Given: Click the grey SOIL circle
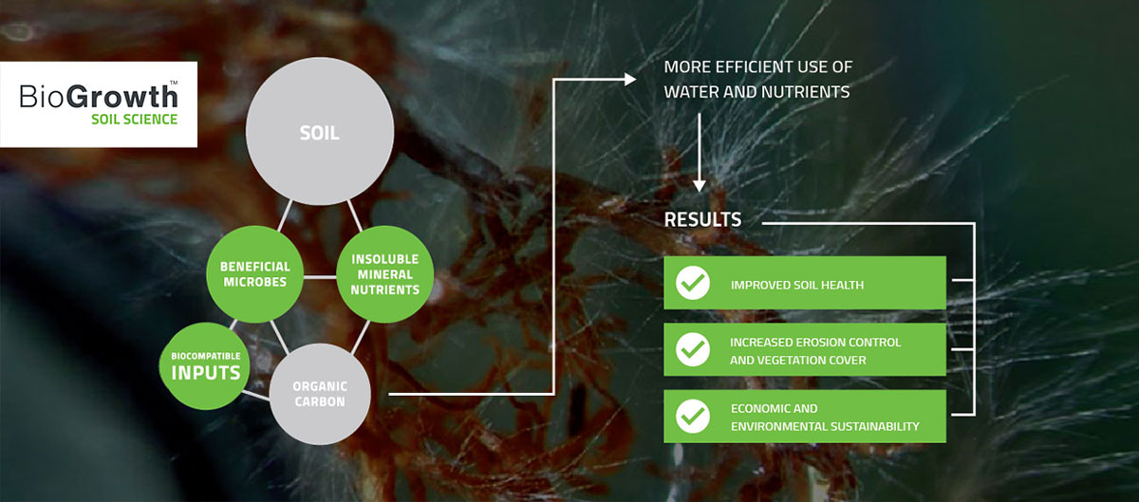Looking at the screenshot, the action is (x=320, y=131).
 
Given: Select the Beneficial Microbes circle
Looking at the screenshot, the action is (x=254, y=274).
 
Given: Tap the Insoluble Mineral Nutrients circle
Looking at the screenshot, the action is (x=385, y=274).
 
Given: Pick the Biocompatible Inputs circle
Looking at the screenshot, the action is (x=205, y=365).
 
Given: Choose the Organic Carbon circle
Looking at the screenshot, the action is (x=320, y=394).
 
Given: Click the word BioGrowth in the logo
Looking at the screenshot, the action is (x=99, y=96).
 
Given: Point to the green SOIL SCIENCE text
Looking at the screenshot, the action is (x=134, y=120).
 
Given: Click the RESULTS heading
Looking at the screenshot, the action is (x=702, y=220).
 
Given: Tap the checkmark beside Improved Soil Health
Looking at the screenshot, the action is (x=693, y=283).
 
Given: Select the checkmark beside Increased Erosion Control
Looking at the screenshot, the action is (x=693, y=349).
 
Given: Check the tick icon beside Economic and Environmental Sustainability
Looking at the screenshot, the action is (x=693, y=416).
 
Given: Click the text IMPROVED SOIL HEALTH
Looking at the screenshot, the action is (x=797, y=285).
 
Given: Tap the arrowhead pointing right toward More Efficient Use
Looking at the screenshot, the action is (x=630, y=80).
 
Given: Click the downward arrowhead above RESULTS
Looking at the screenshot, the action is (x=700, y=186).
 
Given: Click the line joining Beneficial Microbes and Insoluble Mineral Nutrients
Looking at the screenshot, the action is (x=320, y=277).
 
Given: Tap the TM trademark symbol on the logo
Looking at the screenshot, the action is (x=174, y=82).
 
